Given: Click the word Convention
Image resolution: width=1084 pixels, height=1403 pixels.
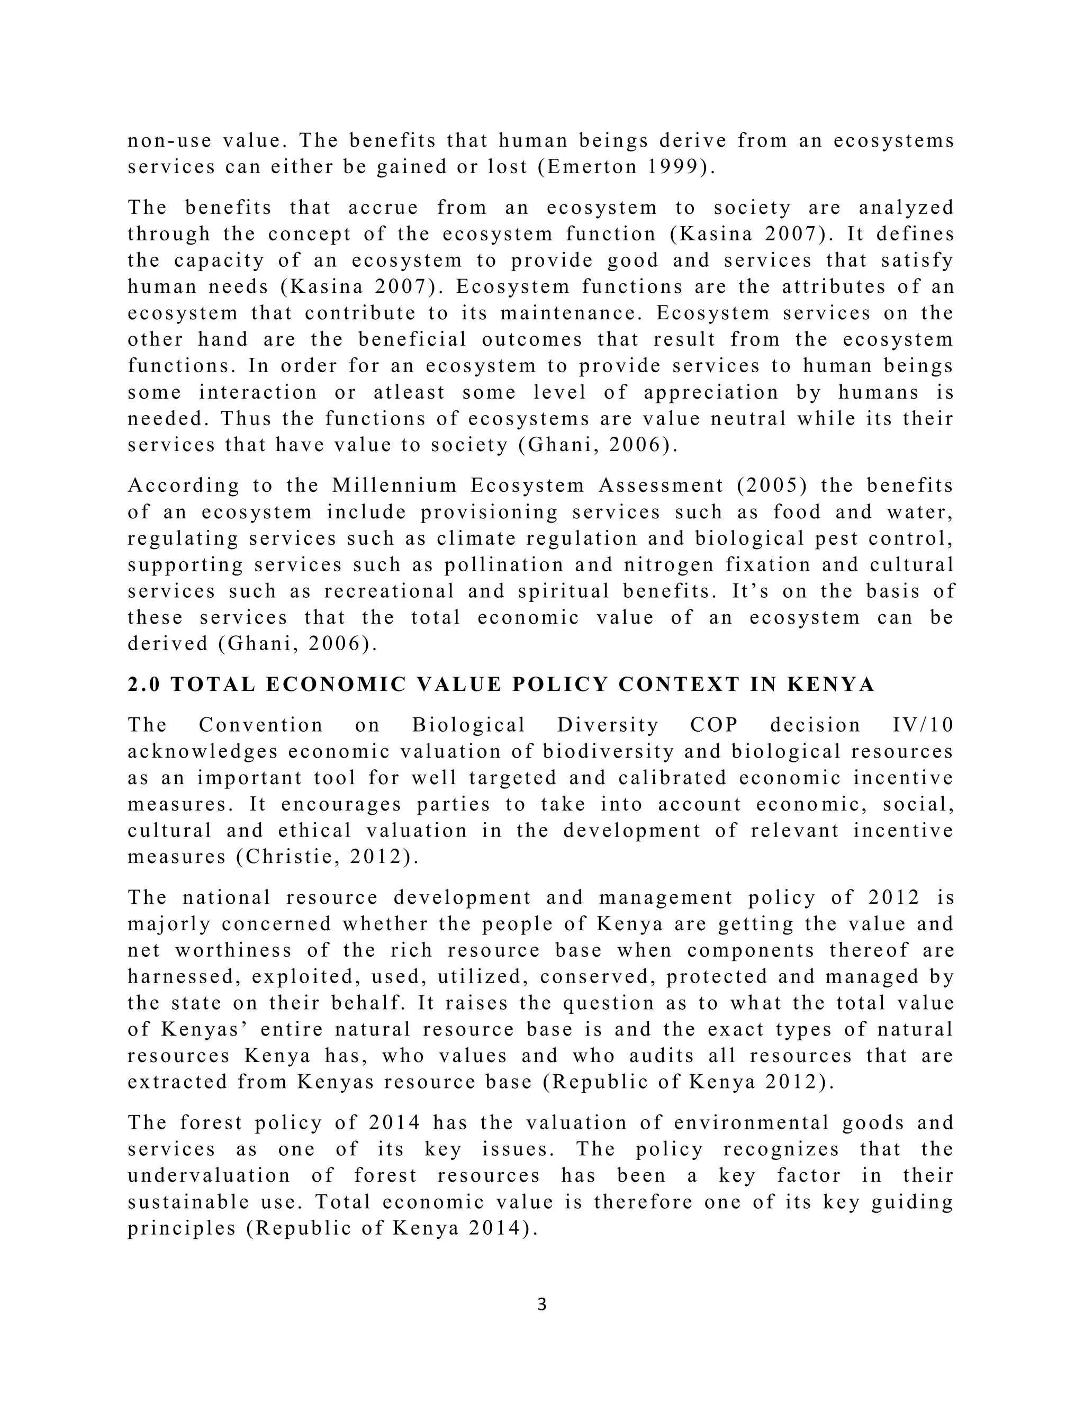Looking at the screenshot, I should pyautogui.click(x=261, y=725).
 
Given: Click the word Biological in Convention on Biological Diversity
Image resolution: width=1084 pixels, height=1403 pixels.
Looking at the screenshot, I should pyautogui.click(x=469, y=725).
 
